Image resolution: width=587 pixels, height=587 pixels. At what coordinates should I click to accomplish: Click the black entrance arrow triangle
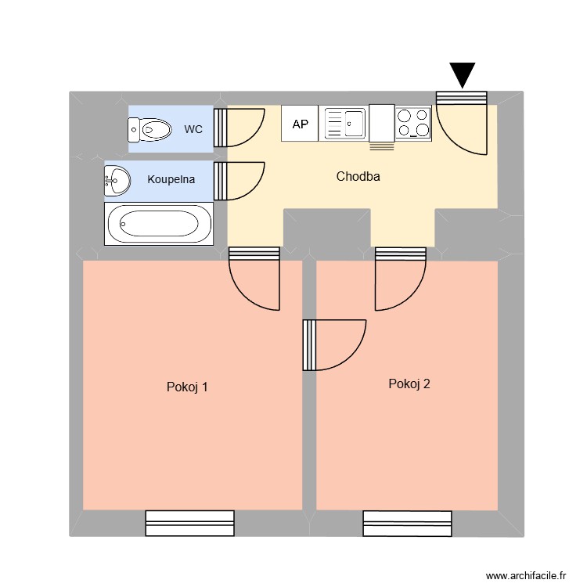click(463, 74)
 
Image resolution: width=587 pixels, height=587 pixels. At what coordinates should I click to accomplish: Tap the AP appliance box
click(300, 124)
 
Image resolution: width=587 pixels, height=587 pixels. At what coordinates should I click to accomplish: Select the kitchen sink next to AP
click(344, 124)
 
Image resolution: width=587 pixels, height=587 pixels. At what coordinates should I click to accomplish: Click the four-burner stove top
click(413, 124)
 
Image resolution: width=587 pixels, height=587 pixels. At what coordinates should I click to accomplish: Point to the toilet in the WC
click(149, 129)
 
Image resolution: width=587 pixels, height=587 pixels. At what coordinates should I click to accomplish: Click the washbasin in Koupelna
click(117, 180)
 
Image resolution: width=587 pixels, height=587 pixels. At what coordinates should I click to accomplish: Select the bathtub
click(158, 224)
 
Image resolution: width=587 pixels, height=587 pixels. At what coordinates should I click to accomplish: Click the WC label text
click(193, 129)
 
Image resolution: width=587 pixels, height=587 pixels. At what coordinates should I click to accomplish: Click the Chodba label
click(358, 176)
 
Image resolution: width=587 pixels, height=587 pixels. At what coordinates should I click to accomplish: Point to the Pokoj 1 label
click(187, 387)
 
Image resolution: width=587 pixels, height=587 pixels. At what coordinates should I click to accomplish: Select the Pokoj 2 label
click(409, 384)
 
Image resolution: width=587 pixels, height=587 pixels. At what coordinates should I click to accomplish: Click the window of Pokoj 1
click(190, 523)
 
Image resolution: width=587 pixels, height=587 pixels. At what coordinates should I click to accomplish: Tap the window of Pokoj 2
click(407, 523)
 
